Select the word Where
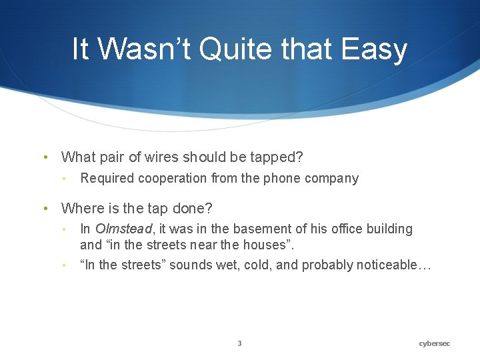[81, 209]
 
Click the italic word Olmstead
[123, 229]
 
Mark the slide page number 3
[240, 343]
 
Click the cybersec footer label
[435, 343]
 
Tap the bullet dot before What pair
[45, 158]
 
